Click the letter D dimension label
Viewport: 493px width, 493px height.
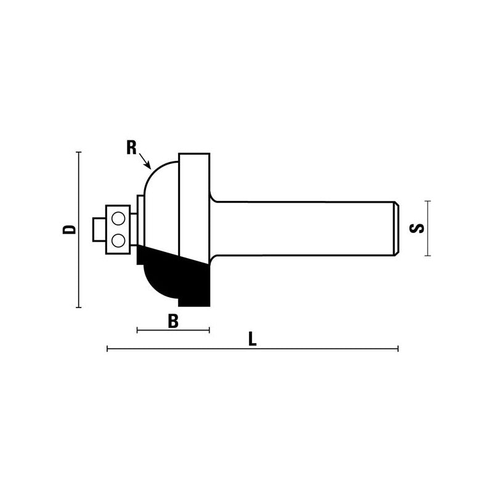pyautogui.click(x=71, y=229)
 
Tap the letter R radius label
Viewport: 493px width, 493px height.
pyautogui.click(x=131, y=147)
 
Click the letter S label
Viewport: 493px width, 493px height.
pyautogui.click(x=417, y=228)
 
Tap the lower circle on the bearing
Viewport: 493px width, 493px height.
pyautogui.click(x=117, y=238)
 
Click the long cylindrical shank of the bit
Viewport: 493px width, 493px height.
pyautogui.click(x=302, y=228)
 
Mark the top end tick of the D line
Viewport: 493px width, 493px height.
pyautogui.click(x=79, y=152)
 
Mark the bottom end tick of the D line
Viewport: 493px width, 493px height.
pyautogui.click(x=79, y=306)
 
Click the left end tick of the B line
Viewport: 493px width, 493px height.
pyautogui.click(x=137, y=331)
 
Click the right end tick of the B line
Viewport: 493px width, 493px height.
pyautogui.click(x=210, y=331)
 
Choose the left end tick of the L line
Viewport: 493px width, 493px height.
pyautogui.click(x=108, y=349)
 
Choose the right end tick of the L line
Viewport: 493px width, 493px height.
pyautogui.click(x=398, y=349)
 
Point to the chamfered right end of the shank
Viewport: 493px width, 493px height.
pyautogui.click(x=396, y=228)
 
